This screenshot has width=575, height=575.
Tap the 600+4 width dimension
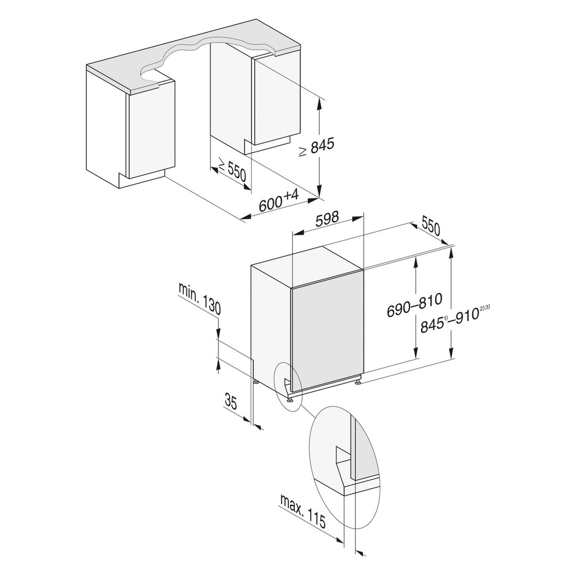[278, 201]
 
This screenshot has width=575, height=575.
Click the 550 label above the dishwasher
[431, 227]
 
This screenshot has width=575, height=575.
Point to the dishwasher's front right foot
[357, 380]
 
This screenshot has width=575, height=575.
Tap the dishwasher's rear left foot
[257, 382]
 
